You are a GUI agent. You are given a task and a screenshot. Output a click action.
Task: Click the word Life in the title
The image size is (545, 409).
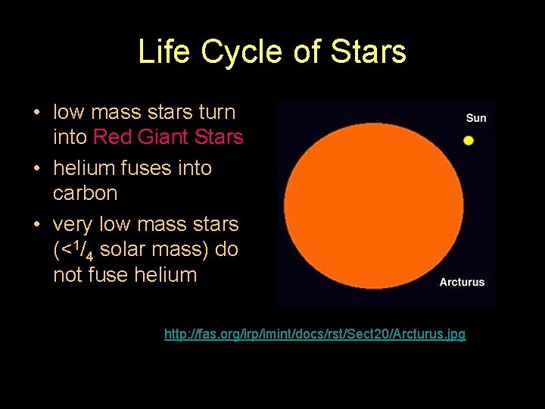coord(163,52)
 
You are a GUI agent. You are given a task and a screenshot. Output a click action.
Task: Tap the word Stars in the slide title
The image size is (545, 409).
coord(369,52)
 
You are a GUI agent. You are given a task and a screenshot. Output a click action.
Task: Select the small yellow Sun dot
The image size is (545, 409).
coord(469,140)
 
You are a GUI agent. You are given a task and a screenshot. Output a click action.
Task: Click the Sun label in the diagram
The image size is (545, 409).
coord(476,117)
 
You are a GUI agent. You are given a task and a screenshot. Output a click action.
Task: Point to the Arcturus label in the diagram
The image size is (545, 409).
coord(462,282)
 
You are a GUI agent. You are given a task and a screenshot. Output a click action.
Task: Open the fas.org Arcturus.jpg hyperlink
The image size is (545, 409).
coord(315,333)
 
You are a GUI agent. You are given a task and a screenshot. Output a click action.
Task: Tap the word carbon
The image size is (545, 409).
coord(85,193)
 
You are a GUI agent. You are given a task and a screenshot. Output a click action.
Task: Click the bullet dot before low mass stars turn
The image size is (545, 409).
coord(36,113)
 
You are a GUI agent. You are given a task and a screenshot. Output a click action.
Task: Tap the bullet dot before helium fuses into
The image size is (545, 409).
coord(36,169)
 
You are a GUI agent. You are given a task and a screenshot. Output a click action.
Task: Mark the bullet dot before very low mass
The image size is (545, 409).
coord(36,225)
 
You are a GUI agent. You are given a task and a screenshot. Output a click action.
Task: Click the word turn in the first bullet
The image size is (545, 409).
coord(217,112)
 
